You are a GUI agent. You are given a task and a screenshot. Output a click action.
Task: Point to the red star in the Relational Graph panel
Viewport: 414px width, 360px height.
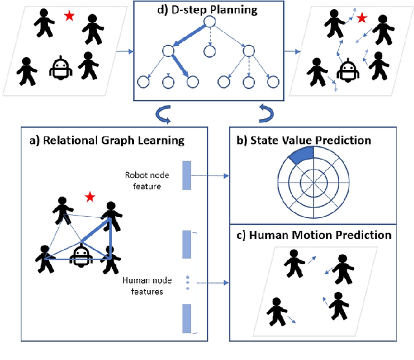click(x=90, y=196)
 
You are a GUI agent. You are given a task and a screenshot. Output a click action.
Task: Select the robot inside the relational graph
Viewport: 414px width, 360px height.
click(x=80, y=254)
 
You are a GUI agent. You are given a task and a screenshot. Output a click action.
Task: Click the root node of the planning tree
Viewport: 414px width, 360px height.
click(x=208, y=22)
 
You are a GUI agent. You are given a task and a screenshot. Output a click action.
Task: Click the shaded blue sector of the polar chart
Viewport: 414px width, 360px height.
click(x=302, y=156)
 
